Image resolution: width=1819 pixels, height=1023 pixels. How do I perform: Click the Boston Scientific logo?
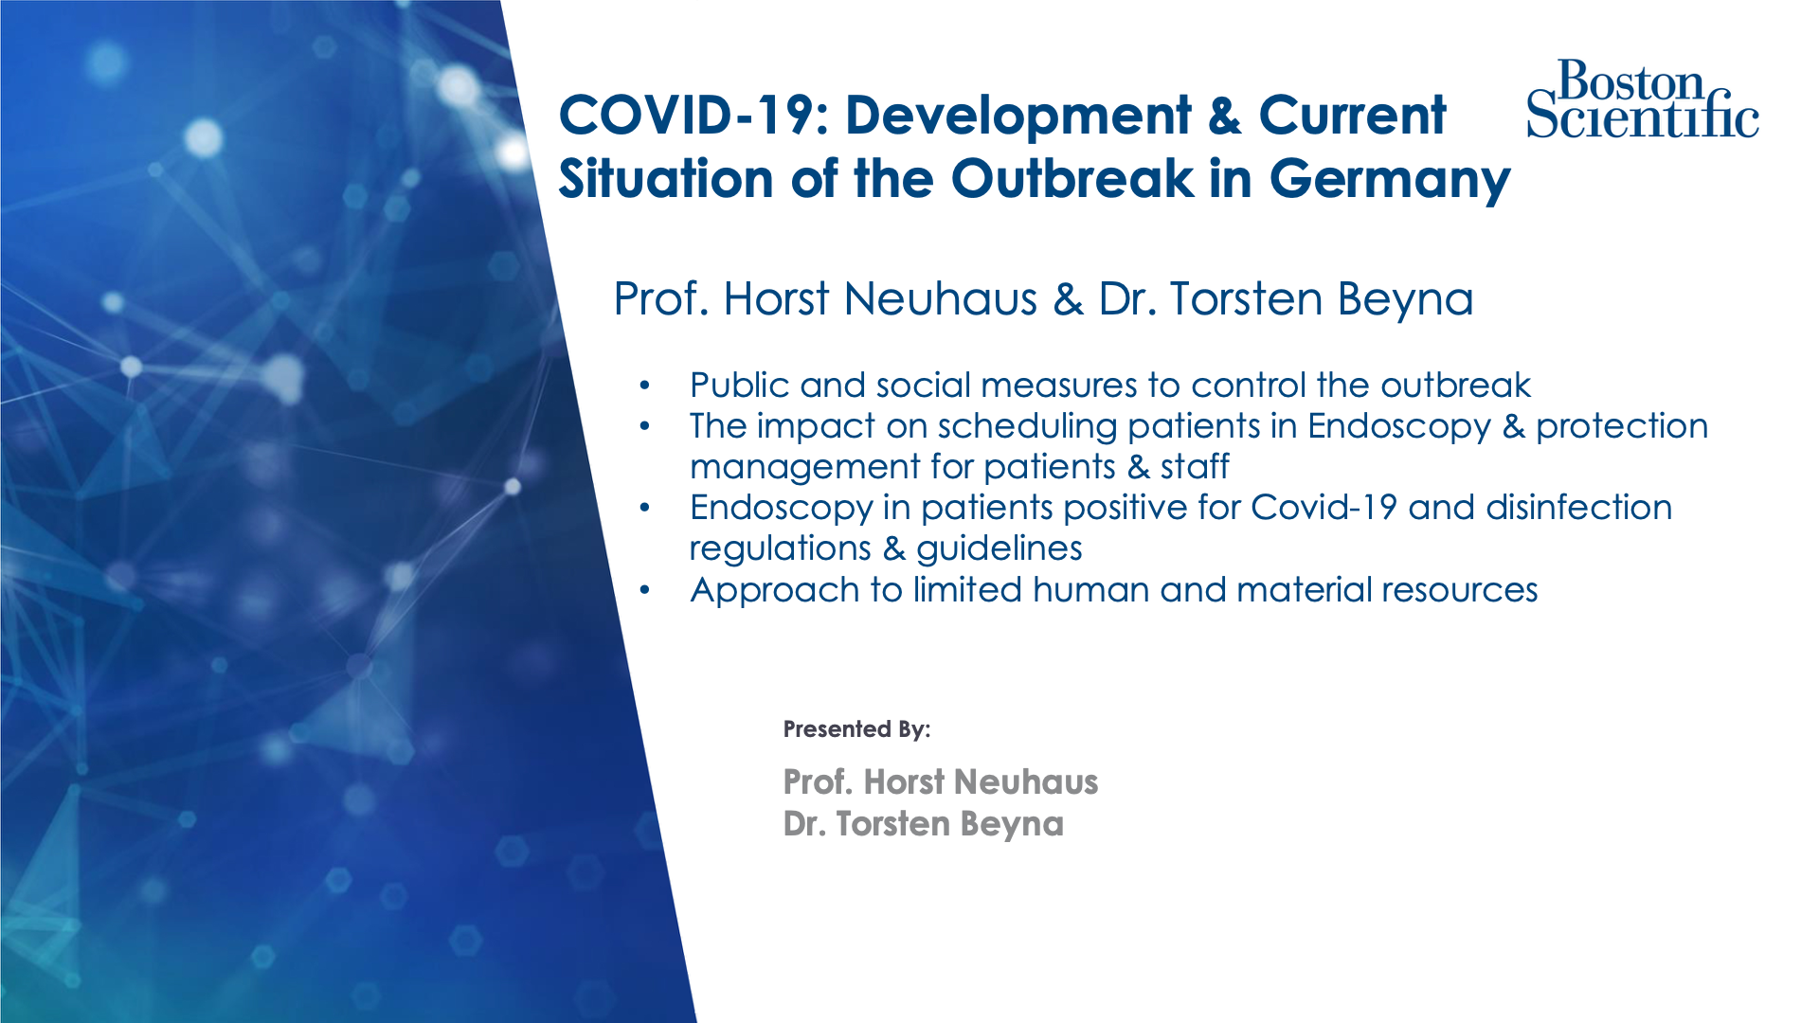(x=1643, y=99)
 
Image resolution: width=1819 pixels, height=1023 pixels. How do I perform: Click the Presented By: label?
(x=856, y=729)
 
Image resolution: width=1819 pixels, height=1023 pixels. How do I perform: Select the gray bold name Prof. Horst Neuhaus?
(x=941, y=782)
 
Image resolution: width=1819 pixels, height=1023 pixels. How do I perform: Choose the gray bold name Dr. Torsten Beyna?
(x=924, y=824)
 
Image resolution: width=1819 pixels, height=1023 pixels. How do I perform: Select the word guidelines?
(x=999, y=549)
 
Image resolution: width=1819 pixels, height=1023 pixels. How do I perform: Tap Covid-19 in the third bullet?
(x=1324, y=508)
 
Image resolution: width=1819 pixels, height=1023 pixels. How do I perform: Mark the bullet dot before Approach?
(x=645, y=590)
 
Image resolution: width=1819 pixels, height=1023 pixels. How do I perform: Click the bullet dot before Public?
(x=645, y=386)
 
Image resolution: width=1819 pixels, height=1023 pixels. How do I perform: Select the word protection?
(x=1622, y=427)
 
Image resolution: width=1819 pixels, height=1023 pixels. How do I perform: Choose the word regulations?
(x=781, y=549)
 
